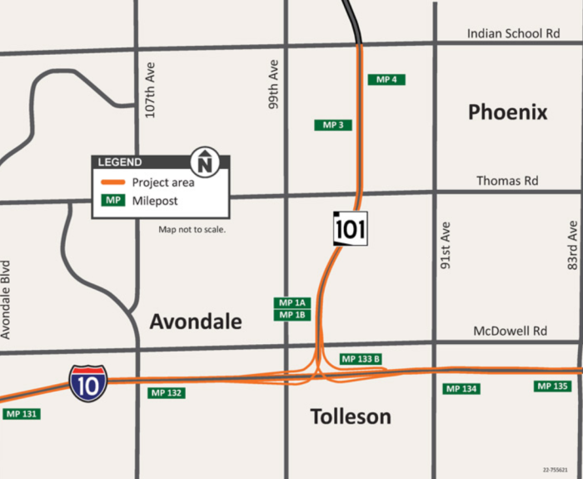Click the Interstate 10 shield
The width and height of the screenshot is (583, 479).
pos(87,383)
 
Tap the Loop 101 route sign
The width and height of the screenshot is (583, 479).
pos(350,228)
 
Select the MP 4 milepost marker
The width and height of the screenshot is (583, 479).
pos(386,79)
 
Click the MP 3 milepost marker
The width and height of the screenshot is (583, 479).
pos(332,125)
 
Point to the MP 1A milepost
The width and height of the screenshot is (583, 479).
pos(292,302)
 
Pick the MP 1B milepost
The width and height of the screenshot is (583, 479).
pos(292,315)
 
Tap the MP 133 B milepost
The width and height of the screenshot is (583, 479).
pos(361,359)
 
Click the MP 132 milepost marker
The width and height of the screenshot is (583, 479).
pos(167,392)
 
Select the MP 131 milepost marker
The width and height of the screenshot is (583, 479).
pos(22,413)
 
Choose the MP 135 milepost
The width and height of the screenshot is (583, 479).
pos(553,386)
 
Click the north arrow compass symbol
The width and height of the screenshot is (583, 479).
pos(206,161)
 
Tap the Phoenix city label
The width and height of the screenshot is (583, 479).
pos(507,112)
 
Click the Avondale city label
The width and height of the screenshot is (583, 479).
pos(196,322)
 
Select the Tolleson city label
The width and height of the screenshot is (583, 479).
pos(351,416)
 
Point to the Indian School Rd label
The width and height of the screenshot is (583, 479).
pos(513,34)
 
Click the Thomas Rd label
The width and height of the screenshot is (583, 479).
pos(507,181)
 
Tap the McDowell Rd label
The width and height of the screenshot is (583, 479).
pos(510,331)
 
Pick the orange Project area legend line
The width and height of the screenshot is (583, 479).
pos(112,182)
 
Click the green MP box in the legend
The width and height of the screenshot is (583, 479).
pos(112,201)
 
